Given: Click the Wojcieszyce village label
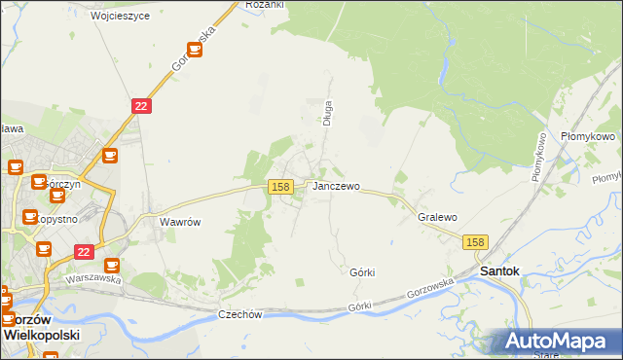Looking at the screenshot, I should click(120, 17).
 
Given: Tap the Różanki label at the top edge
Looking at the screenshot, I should click(265, 5).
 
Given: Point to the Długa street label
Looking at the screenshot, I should click(328, 113).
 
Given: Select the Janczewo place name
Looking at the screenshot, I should click(336, 186).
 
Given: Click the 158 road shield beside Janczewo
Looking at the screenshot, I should click(280, 186).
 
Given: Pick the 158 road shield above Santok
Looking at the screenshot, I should click(474, 242).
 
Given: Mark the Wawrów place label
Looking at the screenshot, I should click(180, 222).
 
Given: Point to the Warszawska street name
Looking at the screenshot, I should click(92, 278).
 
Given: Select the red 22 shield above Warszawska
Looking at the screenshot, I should click(83, 251).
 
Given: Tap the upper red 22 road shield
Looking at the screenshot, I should click(141, 106).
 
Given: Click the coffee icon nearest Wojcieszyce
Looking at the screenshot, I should click(194, 49).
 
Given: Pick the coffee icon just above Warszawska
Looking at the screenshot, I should click(112, 265).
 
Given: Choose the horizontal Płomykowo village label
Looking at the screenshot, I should click(588, 137).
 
